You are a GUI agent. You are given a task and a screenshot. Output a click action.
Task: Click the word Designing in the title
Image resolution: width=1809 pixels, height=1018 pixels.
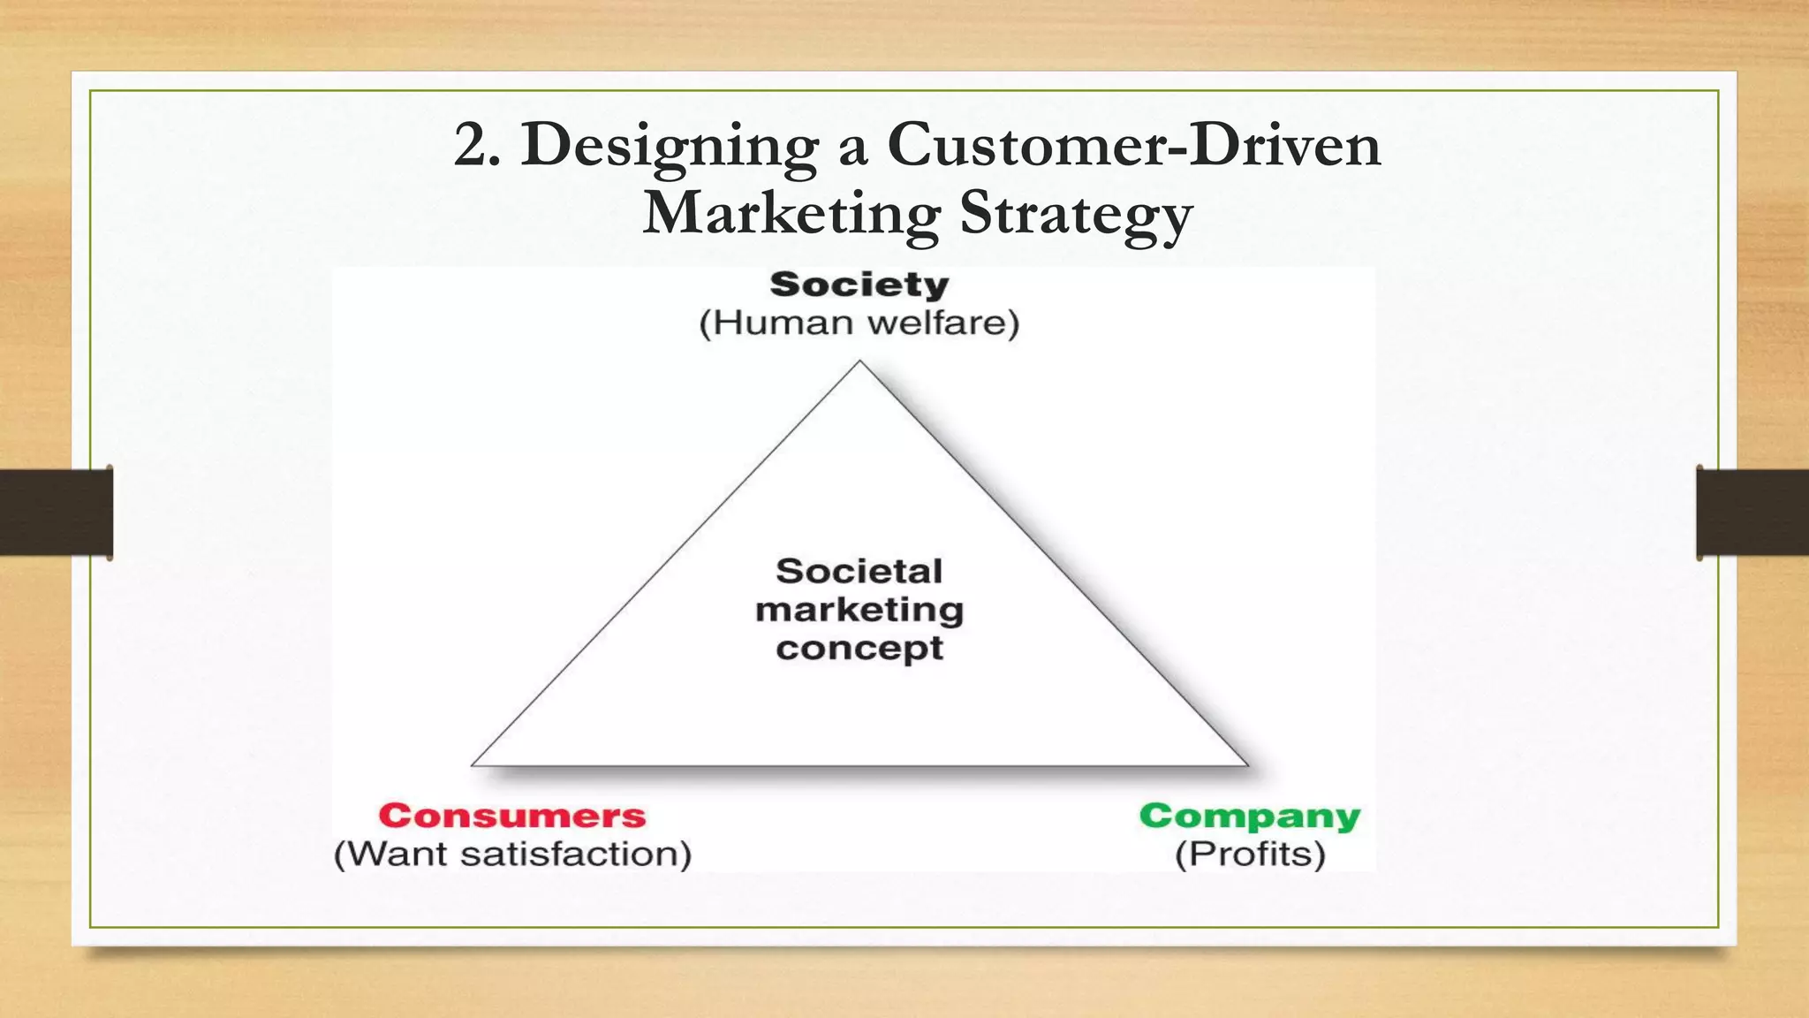click(670, 146)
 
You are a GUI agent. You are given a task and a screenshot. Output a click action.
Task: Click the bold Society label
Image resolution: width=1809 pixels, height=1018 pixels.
click(859, 285)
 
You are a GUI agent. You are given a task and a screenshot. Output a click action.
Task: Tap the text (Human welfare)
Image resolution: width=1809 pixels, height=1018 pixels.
click(859, 323)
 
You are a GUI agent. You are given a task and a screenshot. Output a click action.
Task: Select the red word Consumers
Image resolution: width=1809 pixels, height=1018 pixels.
click(512, 816)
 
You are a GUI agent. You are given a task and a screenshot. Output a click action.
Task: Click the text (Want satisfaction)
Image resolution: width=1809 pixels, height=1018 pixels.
click(512, 855)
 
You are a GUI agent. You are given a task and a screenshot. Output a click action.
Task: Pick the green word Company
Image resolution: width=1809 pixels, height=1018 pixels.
click(1250, 816)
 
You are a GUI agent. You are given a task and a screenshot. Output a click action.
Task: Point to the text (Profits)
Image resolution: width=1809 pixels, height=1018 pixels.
click(1250, 855)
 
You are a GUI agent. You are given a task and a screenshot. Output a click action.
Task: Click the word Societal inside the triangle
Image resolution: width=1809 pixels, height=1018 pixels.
click(859, 571)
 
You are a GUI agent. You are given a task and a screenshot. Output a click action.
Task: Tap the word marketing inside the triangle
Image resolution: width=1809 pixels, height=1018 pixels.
click(859, 610)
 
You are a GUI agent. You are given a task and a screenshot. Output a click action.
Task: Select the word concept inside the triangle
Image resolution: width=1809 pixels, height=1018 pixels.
click(859, 649)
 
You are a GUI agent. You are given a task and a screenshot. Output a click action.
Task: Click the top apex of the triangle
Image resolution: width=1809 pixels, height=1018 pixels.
click(859, 361)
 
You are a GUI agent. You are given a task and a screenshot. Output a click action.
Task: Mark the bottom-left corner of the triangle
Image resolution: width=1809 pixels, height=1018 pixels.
click(473, 764)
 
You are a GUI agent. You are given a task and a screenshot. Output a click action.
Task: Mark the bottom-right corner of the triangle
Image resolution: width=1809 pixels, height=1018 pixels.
click(1246, 764)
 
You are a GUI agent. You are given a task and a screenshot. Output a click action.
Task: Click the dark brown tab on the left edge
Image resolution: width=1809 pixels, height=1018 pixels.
click(56, 513)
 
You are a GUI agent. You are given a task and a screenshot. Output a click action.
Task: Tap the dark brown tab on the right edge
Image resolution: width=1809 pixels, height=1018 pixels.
click(1752, 513)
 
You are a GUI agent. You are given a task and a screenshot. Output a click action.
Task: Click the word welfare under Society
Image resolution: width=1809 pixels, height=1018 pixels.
click(936, 323)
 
